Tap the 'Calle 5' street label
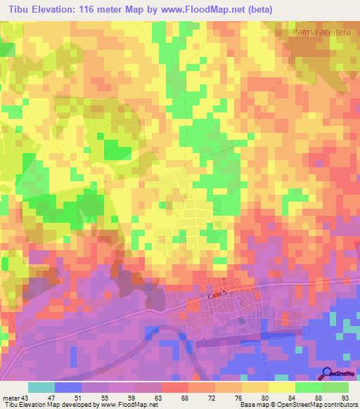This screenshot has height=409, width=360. [219, 297]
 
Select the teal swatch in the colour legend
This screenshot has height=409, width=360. [41, 387]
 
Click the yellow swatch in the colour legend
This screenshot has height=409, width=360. [281, 387]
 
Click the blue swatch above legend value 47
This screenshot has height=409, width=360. [67, 387]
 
